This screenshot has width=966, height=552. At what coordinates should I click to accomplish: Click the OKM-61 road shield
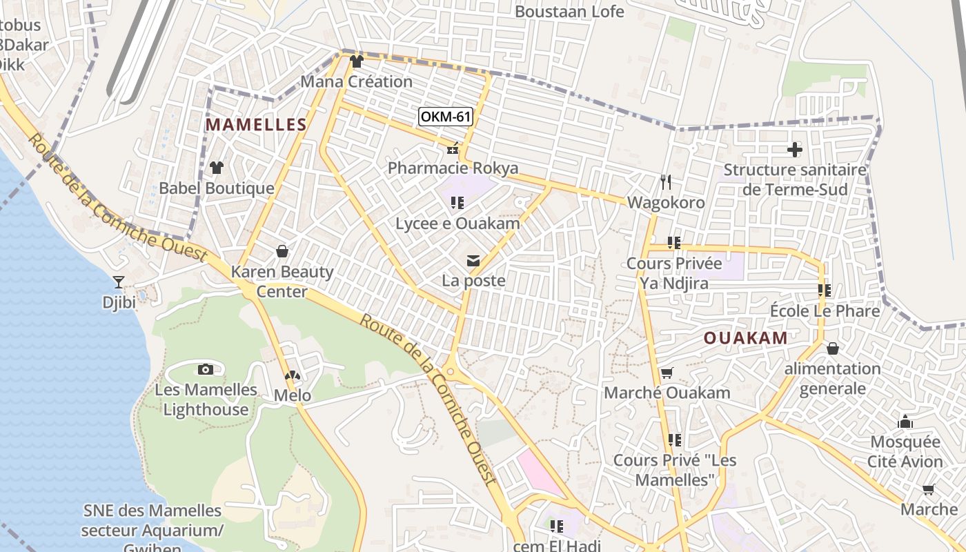(x=446, y=117)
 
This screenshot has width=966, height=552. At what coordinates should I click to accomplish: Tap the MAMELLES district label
(x=256, y=125)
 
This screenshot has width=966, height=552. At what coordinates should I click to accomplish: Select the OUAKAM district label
(x=746, y=338)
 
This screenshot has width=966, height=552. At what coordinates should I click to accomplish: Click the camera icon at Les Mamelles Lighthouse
(x=205, y=369)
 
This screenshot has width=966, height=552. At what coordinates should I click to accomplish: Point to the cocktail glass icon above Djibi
(x=119, y=282)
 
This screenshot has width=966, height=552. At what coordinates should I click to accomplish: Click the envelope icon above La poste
(x=473, y=261)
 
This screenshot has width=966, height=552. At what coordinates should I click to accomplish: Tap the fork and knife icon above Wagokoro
(x=666, y=182)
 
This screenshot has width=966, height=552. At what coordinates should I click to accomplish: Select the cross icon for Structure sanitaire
(x=795, y=149)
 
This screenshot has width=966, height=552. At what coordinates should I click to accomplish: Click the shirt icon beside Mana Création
(x=356, y=61)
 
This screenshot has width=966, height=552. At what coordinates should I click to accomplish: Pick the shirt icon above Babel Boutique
(x=217, y=168)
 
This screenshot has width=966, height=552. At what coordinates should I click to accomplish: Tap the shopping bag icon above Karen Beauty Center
(x=282, y=251)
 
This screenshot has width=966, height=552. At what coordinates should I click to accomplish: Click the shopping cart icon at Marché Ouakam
(x=667, y=373)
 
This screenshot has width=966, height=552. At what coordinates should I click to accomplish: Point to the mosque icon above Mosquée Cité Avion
(x=905, y=422)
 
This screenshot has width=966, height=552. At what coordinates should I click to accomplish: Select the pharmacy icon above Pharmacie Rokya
(x=453, y=148)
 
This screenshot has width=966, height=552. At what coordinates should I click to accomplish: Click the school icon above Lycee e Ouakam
(x=457, y=203)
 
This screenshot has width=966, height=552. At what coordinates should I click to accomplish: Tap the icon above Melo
(x=293, y=376)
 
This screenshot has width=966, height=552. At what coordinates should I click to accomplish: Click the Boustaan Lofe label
(x=569, y=12)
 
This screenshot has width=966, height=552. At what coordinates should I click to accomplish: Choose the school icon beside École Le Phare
(x=824, y=290)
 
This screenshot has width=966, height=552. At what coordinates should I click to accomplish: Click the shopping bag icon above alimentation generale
(x=833, y=348)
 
